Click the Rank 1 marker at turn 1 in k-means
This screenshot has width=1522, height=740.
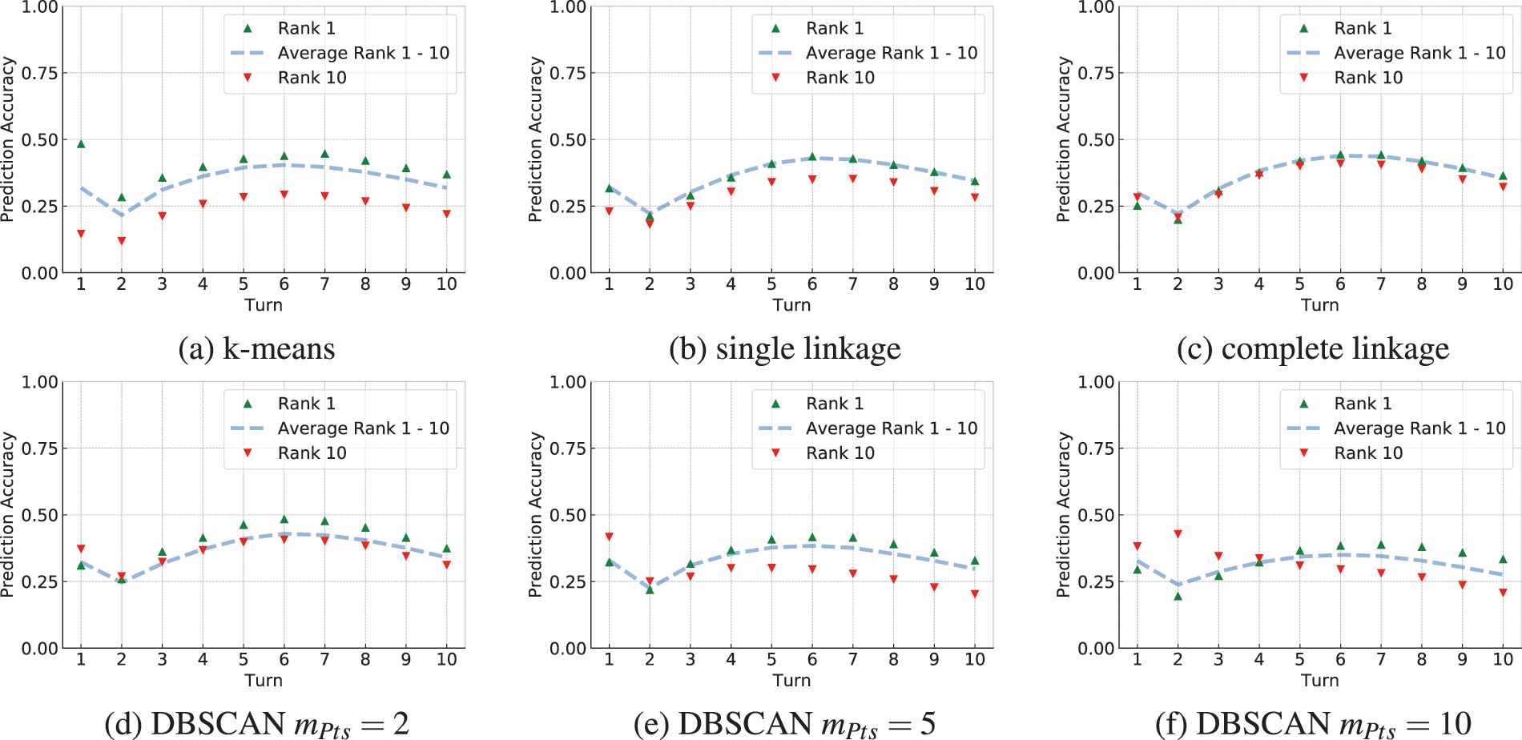tap(81, 144)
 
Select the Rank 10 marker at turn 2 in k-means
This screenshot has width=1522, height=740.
tap(122, 240)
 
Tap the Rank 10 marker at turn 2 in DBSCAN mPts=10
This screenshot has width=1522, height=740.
tap(1178, 534)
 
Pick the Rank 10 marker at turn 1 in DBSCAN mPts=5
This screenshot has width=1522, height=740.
tap(609, 537)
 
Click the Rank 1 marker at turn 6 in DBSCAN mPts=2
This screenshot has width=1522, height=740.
tap(284, 519)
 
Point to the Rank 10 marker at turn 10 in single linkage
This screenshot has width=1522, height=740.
tap(975, 197)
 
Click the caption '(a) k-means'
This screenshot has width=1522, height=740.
tap(256, 349)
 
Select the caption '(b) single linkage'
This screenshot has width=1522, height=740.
tap(785, 349)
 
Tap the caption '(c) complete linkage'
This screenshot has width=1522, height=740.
tap(1313, 349)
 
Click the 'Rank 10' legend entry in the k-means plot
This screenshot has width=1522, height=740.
tap(312, 78)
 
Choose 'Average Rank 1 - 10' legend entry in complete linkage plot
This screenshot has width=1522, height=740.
tap(1419, 53)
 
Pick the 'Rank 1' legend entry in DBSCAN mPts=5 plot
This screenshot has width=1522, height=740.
tap(835, 404)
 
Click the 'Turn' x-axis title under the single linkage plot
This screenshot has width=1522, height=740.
tap(791, 305)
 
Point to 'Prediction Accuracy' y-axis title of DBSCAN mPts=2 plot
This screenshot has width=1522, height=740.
tap(8, 514)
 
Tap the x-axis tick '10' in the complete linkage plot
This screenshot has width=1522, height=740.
tap(1503, 284)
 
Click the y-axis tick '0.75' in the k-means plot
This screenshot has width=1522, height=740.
tap(39, 73)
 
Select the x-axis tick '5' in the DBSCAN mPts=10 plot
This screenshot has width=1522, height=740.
tap(1299, 659)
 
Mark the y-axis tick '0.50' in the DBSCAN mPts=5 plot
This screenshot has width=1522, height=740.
tap(568, 515)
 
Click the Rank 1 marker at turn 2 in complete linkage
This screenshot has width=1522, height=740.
tap(1178, 219)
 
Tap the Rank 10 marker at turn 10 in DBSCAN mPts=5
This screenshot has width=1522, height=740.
tap(975, 594)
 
